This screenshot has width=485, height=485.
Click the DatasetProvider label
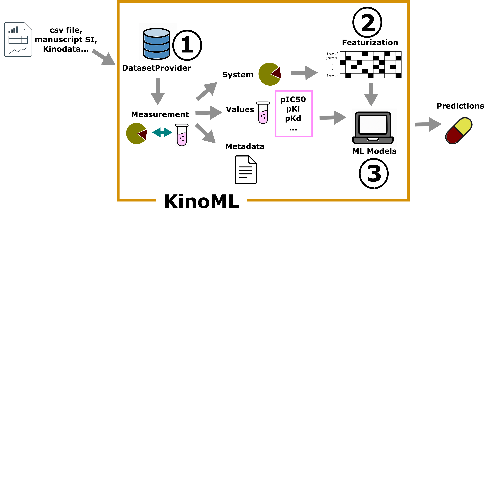point(156,68)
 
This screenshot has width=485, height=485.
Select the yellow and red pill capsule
point(459,131)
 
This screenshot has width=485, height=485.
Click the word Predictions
point(460,106)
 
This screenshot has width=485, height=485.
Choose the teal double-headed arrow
point(162,132)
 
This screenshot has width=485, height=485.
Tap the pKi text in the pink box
point(293,109)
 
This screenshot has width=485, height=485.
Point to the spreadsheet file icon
point(18,39)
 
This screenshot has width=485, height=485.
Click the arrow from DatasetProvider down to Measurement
point(158,92)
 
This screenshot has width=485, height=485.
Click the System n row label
point(332,76)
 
